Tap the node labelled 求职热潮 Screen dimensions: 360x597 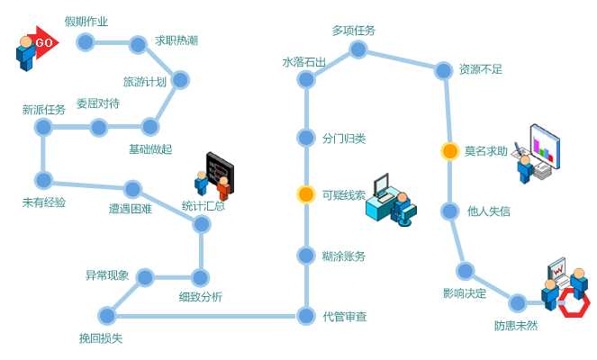click(x=138, y=44)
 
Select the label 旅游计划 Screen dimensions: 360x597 click(x=145, y=82)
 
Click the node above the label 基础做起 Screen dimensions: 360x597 click(x=149, y=126)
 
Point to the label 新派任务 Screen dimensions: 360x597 click(x=43, y=110)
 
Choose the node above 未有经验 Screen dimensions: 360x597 click(x=43, y=179)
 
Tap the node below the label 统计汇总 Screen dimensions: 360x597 click(x=202, y=223)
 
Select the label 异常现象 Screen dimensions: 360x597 click(x=107, y=274)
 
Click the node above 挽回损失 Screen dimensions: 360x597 click(x=107, y=315)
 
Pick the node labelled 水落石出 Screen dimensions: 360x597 click(x=306, y=80)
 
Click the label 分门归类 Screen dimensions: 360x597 click(x=343, y=138)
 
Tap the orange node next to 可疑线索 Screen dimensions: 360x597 click(x=306, y=194)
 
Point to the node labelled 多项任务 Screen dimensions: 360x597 click(x=358, y=49)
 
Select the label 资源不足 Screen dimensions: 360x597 click(x=480, y=68)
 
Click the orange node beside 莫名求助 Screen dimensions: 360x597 click(x=450, y=151)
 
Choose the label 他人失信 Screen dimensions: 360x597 click(x=488, y=211)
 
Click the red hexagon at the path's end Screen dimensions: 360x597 click(x=573, y=302)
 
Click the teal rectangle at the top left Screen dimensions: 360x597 click(x=86, y=21)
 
